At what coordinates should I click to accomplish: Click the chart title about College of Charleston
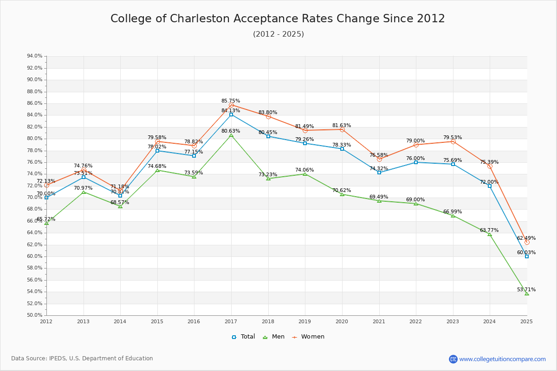pos(278,19)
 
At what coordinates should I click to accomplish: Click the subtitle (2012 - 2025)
pos(278,34)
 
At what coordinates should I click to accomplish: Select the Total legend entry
pos(244,337)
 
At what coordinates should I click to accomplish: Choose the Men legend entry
pos(274,337)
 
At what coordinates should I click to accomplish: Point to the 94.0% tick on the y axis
pos(35,56)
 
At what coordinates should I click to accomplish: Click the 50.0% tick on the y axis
pos(35,315)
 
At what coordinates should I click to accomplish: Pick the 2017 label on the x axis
pos(231,321)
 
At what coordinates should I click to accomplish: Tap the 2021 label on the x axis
pos(379,321)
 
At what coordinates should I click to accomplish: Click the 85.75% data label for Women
pos(231,101)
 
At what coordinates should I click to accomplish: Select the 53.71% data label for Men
pos(526,289)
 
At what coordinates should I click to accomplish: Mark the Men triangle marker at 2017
pos(231,135)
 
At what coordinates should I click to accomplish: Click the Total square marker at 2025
pos(527,256)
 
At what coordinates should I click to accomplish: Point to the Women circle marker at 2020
pos(342,129)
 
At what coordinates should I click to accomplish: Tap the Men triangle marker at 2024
pos(490,234)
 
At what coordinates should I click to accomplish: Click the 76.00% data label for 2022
pos(415,158)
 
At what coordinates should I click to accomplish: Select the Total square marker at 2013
pos(84,177)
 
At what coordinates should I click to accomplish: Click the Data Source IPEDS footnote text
pos(82,358)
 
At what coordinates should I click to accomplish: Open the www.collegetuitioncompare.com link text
pos(503,359)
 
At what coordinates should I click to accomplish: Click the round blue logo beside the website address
pos(453,359)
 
